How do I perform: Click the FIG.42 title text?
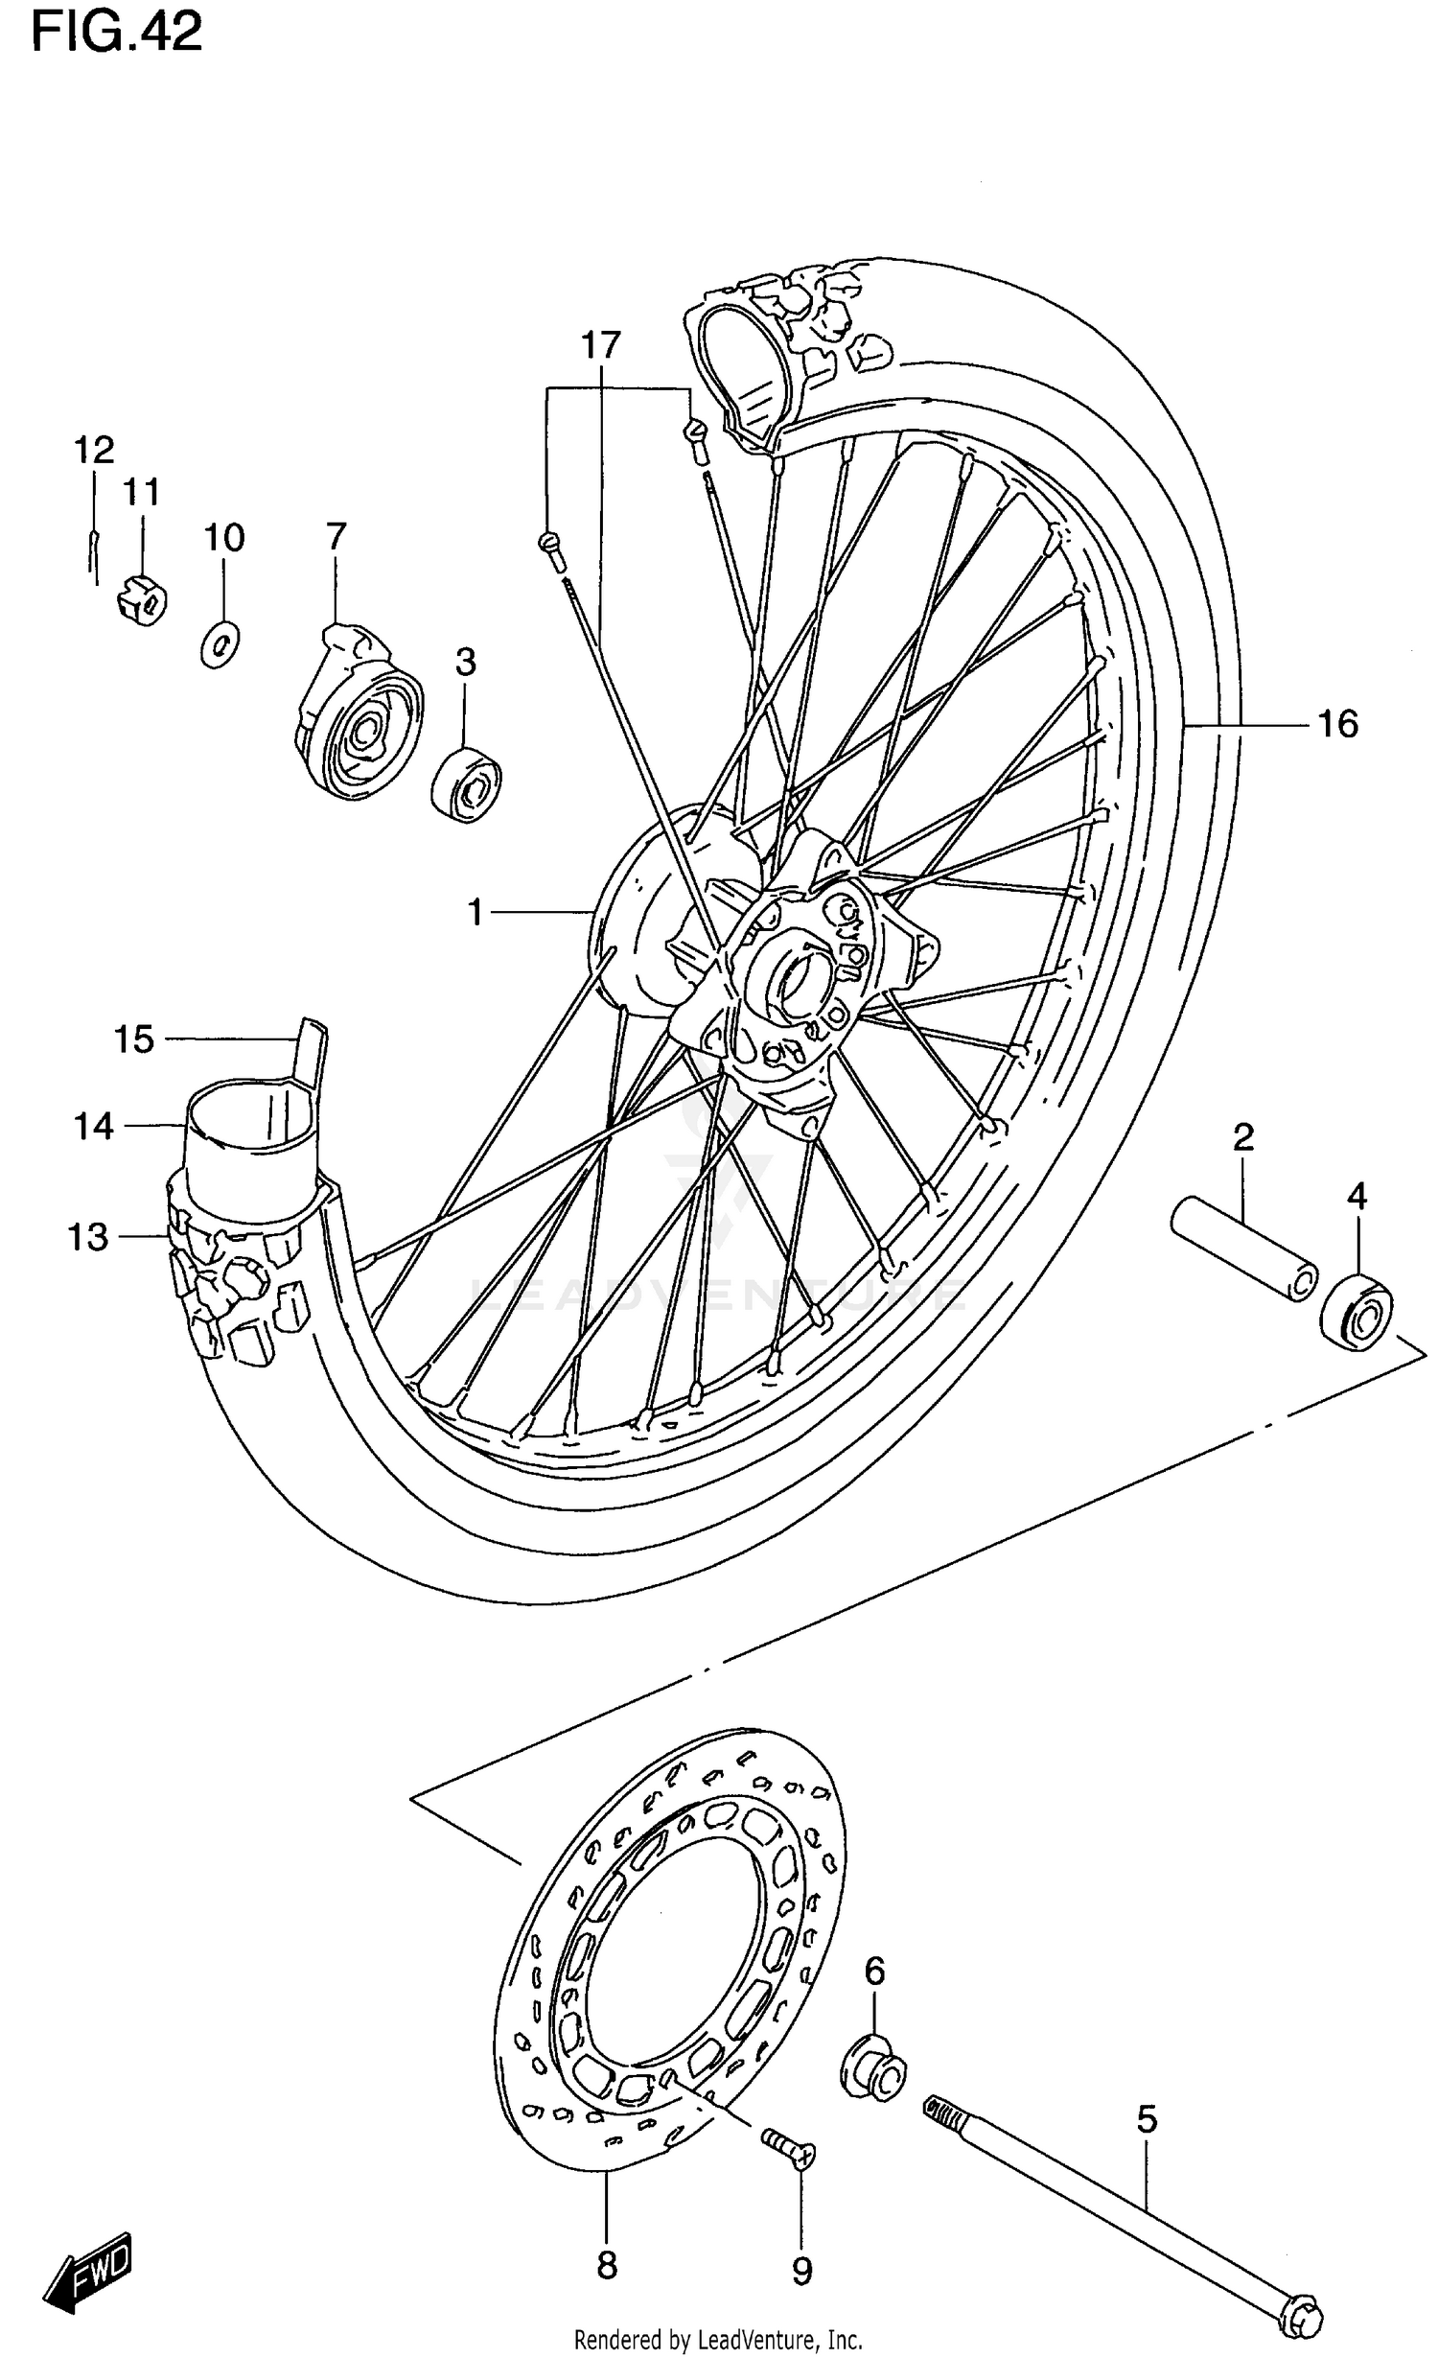click(117, 33)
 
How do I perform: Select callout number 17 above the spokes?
click(601, 344)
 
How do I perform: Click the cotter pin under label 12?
click(93, 558)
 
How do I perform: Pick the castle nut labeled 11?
click(142, 600)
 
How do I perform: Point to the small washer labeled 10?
click(220, 643)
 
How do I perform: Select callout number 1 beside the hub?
click(475, 912)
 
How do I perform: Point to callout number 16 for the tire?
click(1337, 724)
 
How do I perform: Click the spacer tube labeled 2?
click(1243, 1248)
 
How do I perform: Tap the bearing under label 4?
click(1357, 1311)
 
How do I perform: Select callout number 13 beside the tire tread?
click(88, 1237)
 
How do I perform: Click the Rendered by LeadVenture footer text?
click(718, 2341)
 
